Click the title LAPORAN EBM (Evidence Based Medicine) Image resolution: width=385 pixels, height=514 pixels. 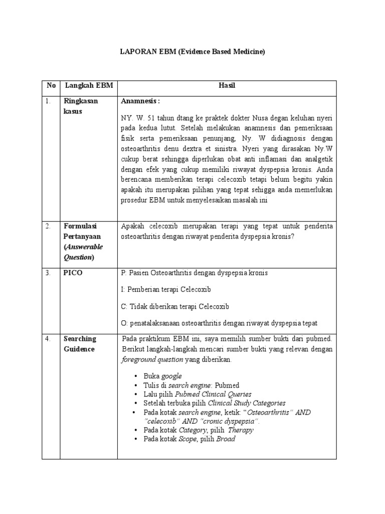point(192,52)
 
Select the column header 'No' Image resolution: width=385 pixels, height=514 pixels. point(51,86)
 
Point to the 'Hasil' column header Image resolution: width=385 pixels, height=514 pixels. point(227,86)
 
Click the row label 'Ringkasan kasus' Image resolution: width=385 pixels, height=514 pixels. point(80,106)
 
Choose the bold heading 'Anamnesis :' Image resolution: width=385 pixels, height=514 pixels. point(140,101)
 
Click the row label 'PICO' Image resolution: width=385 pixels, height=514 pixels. point(73,273)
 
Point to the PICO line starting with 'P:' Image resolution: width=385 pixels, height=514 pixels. point(195,273)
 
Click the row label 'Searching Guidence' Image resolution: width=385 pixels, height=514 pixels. point(80,344)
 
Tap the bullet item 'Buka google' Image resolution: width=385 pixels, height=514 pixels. point(162,376)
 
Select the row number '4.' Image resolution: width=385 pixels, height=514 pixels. point(48,339)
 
